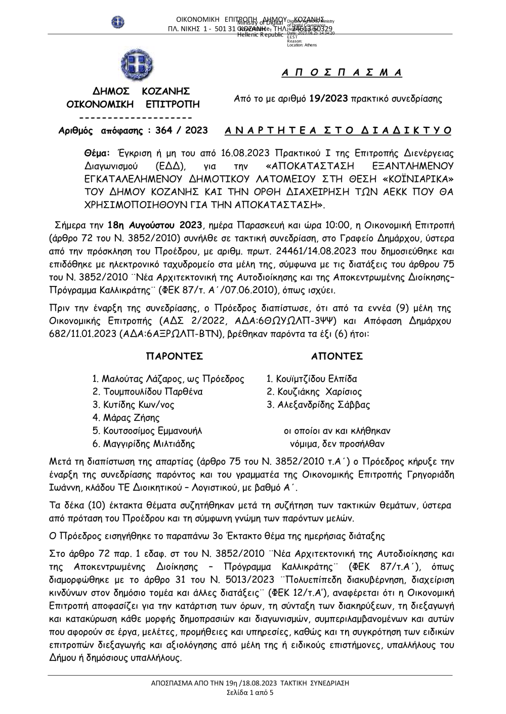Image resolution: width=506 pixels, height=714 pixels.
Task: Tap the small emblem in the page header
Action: (x=118, y=22)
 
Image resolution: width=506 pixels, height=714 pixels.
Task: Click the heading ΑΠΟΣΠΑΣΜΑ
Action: (x=342, y=73)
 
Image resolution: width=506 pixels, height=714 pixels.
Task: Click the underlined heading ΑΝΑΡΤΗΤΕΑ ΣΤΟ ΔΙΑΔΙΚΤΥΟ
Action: (x=338, y=130)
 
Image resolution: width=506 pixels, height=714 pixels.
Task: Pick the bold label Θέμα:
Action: (x=97, y=152)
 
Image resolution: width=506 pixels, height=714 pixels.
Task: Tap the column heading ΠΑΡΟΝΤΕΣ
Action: (x=175, y=356)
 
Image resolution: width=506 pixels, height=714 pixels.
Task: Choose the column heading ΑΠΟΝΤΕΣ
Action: (x=337, y=356)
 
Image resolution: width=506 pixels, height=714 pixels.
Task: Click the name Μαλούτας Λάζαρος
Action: (x=137, y=379)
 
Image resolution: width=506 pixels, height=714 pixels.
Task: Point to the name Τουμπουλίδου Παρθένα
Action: (x=152, y=392)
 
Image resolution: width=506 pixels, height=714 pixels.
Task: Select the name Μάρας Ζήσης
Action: (x=131, y=418)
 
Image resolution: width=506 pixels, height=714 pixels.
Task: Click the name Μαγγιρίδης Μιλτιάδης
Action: (x=148, y=444)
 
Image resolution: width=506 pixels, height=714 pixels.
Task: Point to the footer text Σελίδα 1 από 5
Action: (x=250, y=692)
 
